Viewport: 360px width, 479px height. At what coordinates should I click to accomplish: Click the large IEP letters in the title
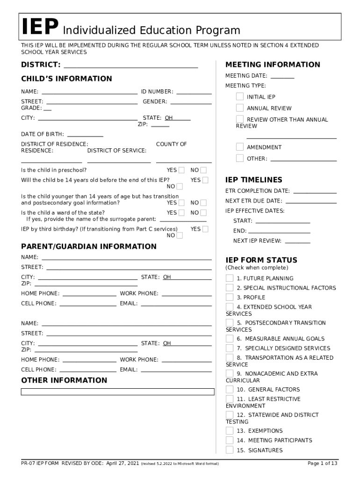(x=40, y=28)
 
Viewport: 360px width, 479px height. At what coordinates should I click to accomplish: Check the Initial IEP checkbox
(x=240, y=97)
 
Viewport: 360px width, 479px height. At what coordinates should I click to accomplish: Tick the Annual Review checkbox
(x=240, y=108)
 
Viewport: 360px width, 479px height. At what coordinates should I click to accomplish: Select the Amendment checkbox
(x=240, y=147)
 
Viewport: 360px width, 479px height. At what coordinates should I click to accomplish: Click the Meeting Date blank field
(x=282, y=76)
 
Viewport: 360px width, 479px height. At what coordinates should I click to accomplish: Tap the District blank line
(x=131, y=65)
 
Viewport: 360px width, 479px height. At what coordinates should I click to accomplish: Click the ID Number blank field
(x=194, y=92)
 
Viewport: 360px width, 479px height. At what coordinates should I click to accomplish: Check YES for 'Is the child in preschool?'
(x=181, y=170)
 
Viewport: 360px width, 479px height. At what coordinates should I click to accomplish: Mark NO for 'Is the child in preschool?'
(x=203, y=170)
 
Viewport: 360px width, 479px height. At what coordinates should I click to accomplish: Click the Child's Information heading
(x=66, y=79)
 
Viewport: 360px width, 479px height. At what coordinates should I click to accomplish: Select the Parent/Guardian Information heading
(x=89, y=246)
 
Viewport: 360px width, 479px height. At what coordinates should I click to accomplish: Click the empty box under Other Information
(x=118, y=392)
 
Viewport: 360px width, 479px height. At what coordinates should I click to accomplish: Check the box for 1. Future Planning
(x=230, y=278)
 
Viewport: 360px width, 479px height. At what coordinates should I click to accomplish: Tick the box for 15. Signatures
(x=230, y=450)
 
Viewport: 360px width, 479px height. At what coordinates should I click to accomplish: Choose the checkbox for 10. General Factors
(x=230, y=389)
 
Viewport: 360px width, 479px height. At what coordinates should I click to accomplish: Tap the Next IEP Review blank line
(x=297, y=241)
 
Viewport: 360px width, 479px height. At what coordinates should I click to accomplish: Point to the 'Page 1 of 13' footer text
(x=322, y=464)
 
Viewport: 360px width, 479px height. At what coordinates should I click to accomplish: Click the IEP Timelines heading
(x=254, y=180)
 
